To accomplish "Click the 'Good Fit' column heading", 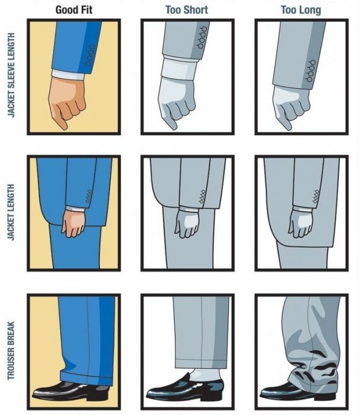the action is click(74, 10).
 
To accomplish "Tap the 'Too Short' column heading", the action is click(187, 10).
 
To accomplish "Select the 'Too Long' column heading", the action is click(301, 10).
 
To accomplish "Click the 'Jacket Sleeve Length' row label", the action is click(11, 75).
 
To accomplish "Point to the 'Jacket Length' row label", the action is click(11, 212).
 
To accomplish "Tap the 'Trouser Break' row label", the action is click(11, 351).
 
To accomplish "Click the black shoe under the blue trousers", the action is click(71, 391).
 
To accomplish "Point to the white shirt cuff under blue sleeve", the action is click(69, 75).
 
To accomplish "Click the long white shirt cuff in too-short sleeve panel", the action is click(180, 68).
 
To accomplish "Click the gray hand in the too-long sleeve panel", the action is click(291, 107).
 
